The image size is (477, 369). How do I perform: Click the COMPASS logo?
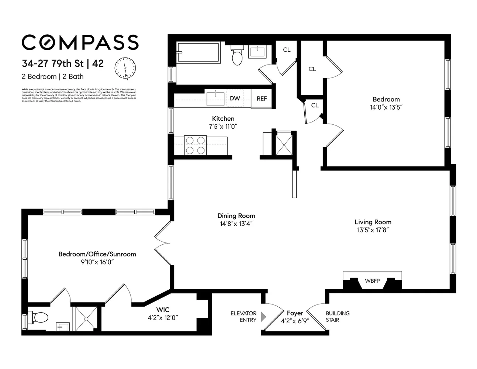80,42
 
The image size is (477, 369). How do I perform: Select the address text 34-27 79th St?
52,63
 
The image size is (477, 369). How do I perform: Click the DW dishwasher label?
235,99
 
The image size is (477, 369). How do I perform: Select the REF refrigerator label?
262,99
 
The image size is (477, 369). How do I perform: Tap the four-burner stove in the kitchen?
195,145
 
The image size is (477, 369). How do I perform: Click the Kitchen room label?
223,118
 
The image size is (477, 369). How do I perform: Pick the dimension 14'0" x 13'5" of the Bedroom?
386,107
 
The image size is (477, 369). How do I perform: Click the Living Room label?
373,222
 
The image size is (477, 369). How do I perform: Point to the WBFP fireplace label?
372,281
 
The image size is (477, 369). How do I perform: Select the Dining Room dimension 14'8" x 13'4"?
236,224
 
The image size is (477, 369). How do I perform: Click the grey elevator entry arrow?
263,317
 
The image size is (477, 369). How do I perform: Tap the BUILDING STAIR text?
337,317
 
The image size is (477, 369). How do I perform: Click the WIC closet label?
163,310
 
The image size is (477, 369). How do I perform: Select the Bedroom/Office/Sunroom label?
97,254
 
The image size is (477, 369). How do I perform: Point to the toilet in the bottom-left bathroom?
40,317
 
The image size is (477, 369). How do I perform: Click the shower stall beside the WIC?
86,318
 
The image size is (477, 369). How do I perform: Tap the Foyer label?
295,313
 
